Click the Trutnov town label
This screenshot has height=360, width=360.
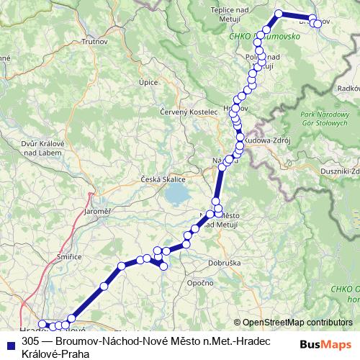coord(94,42)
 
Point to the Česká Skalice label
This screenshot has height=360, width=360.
coord(163,179)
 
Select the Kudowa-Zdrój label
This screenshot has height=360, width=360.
coord(266,141)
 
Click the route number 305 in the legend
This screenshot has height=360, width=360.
coord(30,342)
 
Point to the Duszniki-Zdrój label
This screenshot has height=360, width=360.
coord(341,171)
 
